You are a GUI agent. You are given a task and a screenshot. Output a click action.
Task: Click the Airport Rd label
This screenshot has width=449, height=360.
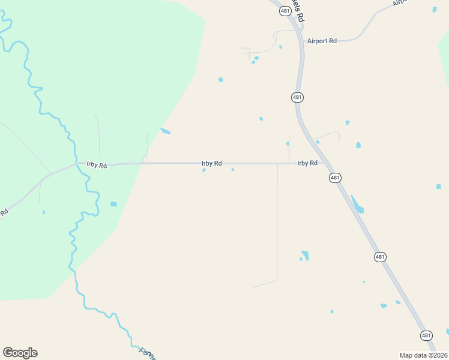click(x=322, y=41)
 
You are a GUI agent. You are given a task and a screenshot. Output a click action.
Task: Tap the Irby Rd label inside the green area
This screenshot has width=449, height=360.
click(x=97, y=165)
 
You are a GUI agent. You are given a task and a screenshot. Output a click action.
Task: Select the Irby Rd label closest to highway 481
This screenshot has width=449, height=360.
click(x=307, y=163)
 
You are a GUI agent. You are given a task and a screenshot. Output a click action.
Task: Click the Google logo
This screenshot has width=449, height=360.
click(x=20, y=353)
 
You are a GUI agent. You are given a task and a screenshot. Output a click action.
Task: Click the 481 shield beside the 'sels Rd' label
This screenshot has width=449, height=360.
click(x=285, y=11)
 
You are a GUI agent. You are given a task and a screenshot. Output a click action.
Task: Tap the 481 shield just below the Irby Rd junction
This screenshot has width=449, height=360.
click(x=335, y=178)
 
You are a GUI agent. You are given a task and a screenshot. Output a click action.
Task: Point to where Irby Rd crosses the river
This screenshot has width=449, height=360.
click(x=76, y=163)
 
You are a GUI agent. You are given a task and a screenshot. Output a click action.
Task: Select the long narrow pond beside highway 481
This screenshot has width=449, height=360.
click(x=357, y=205)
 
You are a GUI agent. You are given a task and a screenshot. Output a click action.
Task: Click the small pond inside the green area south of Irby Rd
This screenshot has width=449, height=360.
click(x=113, y=204)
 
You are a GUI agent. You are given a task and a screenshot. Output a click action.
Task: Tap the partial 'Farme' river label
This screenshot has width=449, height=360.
click(x=148, y=353)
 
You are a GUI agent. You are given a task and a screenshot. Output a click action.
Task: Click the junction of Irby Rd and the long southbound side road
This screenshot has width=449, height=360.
click(x=277, y=163)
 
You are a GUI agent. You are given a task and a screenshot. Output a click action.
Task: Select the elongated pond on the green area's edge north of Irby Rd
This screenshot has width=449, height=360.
click(x=165, y=131)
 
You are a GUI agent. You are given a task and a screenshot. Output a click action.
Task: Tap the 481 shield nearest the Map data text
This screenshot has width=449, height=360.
click(x=426, y=335)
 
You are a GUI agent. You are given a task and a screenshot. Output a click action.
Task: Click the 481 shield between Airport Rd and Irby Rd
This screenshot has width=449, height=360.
click(x=297, y=97)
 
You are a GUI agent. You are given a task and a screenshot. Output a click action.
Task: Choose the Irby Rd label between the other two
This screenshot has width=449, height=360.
click(x=211, y=163)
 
